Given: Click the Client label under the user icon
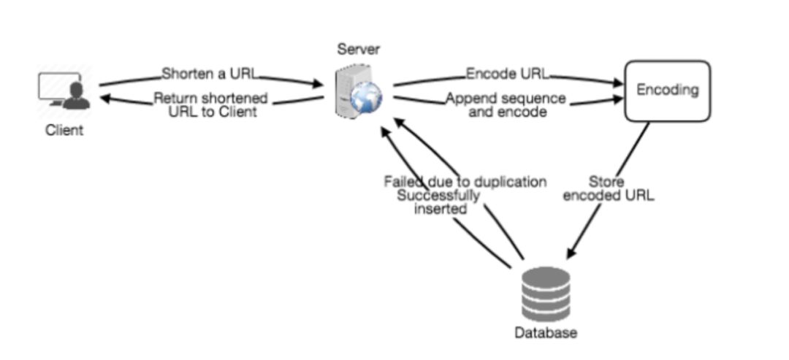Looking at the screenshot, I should pyautogui.click(x=64, y=131).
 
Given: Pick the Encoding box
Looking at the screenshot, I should pyautogui.click(x=667, y=91).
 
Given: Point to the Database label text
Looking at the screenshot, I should pyautogui.click(x=546, y=333).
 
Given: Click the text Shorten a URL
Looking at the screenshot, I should pyautogui.click(x=209, y=74).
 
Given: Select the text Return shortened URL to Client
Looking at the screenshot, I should pyautogui.click(x=211, y=105).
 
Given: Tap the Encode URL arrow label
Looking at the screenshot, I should pyautogui.click(x=508, y=74).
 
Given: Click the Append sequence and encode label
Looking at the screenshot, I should pyautogui.click(x=506, y=105).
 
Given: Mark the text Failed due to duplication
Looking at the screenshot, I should pyautogui.click(x=465, y=182).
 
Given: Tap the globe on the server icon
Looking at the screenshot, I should pyautogui.click(x=363, y=102).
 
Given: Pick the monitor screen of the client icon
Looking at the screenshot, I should pyautogui.click(x=53, y=87).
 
